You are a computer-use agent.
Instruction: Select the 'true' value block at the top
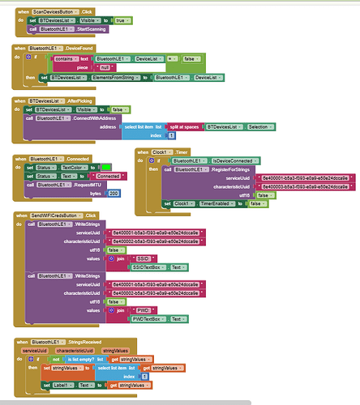coord(121,19)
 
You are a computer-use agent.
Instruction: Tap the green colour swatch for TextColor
coord(105,167)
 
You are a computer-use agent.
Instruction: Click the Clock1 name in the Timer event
coord(166,151)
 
